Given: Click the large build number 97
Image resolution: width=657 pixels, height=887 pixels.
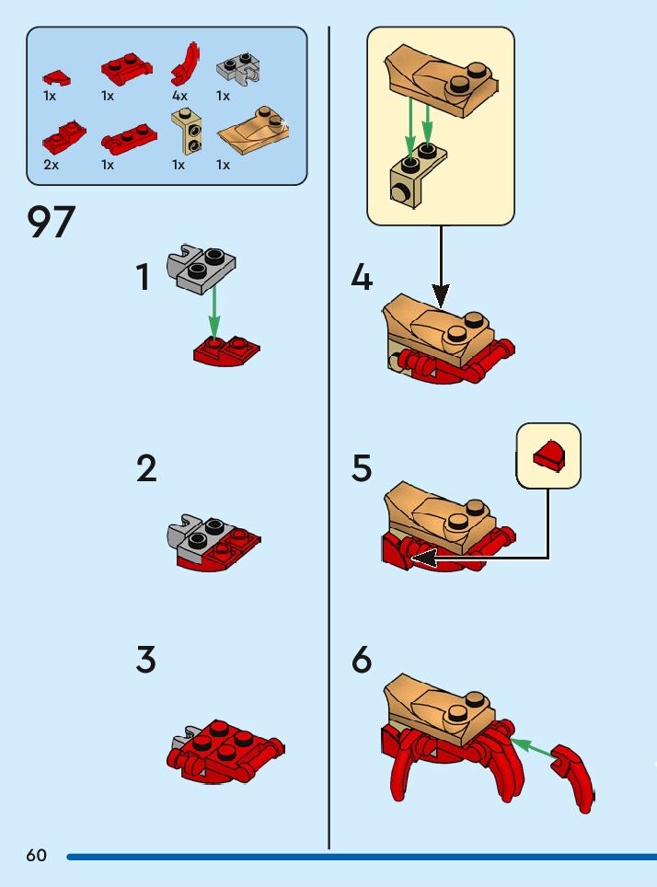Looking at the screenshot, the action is pos(52,223).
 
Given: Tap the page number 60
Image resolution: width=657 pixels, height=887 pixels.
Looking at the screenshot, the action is pos(36,856).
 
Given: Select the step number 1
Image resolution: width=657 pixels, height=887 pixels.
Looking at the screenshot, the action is pos(143,277).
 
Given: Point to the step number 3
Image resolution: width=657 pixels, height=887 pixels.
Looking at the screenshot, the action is pos(145,661).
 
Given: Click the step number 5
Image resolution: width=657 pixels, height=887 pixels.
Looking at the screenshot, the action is pos(362,469).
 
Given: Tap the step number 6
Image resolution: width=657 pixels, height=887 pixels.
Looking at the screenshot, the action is pos(362,661).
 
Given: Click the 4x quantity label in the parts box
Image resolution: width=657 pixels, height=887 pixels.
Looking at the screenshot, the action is pos(179,96).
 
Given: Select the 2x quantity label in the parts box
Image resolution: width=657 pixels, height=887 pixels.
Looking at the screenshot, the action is pos(51,165).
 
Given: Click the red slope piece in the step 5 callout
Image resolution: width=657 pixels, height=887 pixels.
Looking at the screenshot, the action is pos(549,455).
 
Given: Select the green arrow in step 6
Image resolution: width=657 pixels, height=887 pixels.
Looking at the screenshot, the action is pos(533,748).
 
